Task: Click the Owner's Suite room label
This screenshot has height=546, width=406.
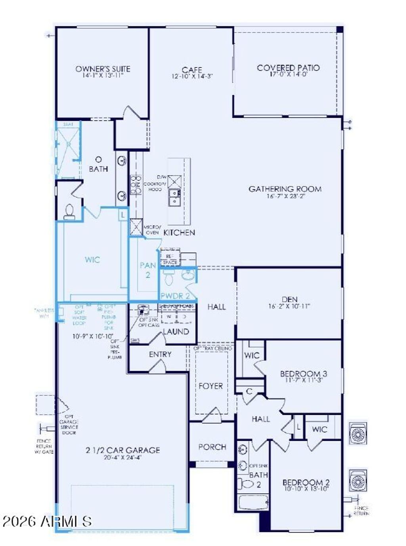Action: [103, 69]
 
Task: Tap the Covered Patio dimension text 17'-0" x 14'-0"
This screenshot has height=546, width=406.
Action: [288, 74]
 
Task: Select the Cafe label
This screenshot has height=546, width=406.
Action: [192, 70]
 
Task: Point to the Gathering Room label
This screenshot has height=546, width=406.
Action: [285, 189]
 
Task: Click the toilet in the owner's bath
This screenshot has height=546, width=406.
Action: [69, 212]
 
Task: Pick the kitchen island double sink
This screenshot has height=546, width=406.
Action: [174, 197]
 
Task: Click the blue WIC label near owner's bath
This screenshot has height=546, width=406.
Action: [92, 260]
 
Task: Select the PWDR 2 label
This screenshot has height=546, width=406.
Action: [175, 296]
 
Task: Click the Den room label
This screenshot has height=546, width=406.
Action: [289, 300]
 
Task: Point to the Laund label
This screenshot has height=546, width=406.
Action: [176, 332]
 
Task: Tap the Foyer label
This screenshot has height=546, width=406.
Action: [211, 386]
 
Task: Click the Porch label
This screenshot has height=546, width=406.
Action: [212, 447]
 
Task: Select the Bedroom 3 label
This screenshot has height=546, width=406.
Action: [303, 374]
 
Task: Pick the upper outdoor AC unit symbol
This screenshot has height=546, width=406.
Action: [358, 433]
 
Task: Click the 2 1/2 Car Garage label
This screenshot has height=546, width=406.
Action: [123, 450]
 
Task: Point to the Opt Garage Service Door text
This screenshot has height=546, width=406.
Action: [69, 424]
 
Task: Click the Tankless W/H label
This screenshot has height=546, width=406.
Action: [44, 313]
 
